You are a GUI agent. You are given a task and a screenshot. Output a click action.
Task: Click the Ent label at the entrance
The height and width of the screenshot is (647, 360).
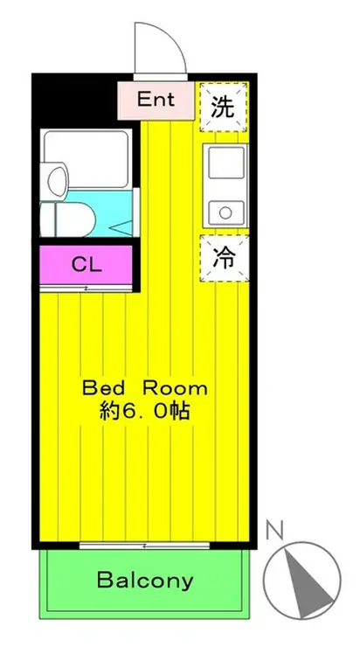pyautogui.click(x=156, y=99)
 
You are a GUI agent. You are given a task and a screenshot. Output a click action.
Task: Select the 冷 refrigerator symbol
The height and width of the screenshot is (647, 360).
pyautogui.click(x=225, y=258)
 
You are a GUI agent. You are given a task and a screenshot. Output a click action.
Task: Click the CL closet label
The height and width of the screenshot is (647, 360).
pyautogui.click(x=85, y=264)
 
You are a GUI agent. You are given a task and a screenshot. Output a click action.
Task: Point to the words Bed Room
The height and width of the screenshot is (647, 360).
pyautogui.click(x=144, y=387)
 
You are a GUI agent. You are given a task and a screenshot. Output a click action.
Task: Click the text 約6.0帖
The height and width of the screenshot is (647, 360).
pyautogui.click(x=146, y=409)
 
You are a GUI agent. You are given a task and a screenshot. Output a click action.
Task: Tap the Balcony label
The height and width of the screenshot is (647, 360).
pyautogui.click(x=145, y=580)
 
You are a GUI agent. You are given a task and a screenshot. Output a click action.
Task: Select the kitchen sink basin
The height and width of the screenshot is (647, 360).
pyautogui.click(x=225, y=163)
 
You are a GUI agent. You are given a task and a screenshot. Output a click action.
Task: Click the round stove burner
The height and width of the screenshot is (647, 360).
pyautogui.click(x=225, y=211)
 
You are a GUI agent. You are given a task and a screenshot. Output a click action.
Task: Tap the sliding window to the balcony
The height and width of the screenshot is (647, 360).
pyautogui.click(x=145, y=545)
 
